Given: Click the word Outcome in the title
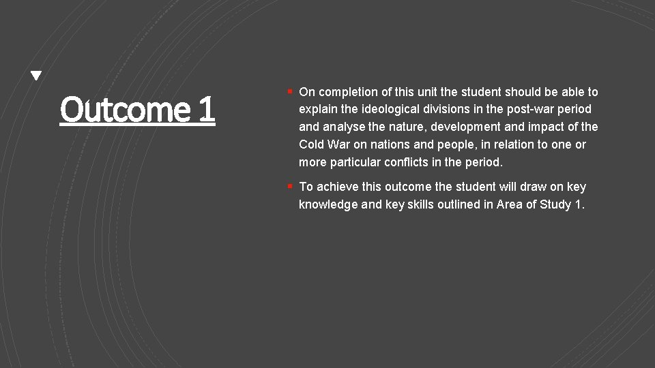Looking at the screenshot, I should click(125, 109).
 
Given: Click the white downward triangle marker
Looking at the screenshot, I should click(36, 76).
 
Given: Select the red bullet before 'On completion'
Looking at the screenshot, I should click(290, 91).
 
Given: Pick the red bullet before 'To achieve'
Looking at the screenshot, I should click(290, 185).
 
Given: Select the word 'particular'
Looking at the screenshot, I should click(355, 163).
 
